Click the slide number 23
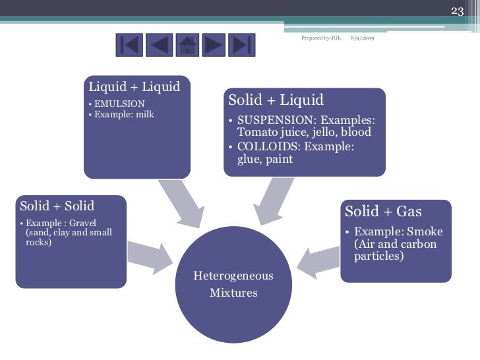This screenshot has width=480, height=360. point(458,11)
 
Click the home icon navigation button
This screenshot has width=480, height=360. point(187,45)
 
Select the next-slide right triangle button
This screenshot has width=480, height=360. point(214,45)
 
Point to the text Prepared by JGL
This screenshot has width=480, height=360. point(320,38)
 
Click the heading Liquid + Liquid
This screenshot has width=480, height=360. point(135,87)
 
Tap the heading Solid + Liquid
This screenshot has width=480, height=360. point(276,100)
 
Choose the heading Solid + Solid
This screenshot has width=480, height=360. point(57,206)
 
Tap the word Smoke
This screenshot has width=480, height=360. point(425,231)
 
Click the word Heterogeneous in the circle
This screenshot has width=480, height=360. point(233,276)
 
